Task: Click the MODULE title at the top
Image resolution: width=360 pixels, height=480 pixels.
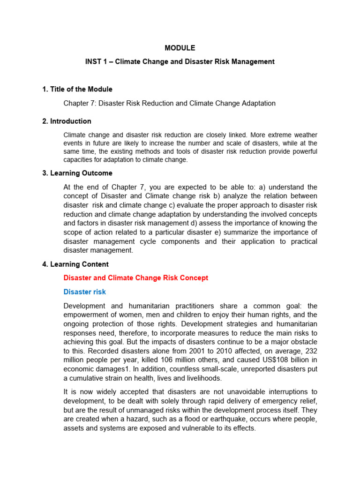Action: coord(180,48)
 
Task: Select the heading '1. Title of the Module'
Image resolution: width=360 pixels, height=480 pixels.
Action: coord(77,89)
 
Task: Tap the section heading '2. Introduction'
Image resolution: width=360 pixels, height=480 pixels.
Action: coord(67,121)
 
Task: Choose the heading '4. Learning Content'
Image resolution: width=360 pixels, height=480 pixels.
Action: coord(75,264)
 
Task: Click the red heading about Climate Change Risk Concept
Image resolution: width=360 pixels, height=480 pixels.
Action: coord(135,278)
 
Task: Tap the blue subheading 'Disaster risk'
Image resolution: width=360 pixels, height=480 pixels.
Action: coord(84,292)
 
